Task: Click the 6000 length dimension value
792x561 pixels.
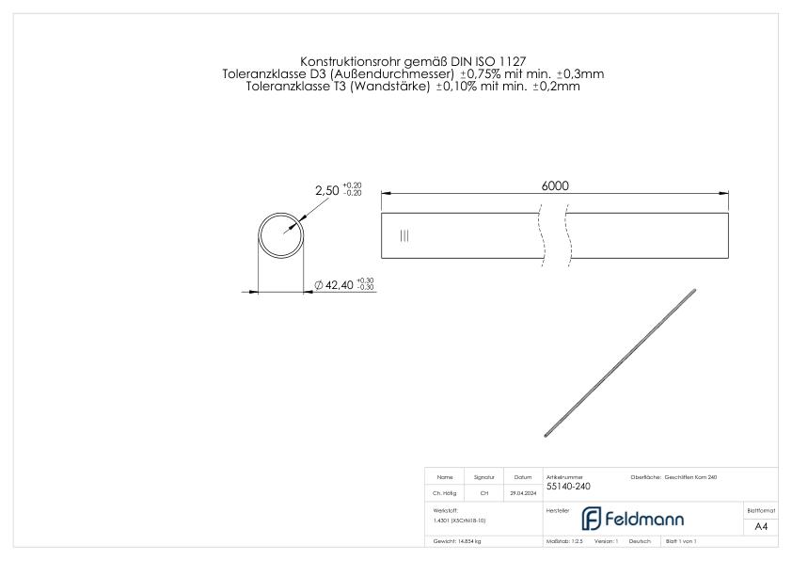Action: pyautogui.click(x=554, y=185)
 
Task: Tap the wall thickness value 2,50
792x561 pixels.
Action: pyautogui.click(x=326, y=190)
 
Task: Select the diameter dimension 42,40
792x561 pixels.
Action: pyautogui.click(x=338, y=284)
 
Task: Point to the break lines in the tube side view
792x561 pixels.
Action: pyautogui.click(x=554, y=235)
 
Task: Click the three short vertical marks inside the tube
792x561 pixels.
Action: pyautogui.click(x=404, y=236)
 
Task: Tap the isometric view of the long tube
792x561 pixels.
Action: pyautogui.click(x=621, y=362)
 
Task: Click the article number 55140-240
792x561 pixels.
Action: pyautogui.click(x=569, y=488)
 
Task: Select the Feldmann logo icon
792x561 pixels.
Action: pyautogui.click(x=590, y=519)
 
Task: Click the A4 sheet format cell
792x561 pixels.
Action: pyautogui.click(x=761, y=526)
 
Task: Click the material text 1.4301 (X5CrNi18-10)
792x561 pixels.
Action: pyautogui.click(x=459, y=520)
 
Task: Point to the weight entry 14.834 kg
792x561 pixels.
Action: pyautogui.click(x=457, y=542)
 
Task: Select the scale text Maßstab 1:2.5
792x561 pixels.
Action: pyautogui.click(x=564, y=542)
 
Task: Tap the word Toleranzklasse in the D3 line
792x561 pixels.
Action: pyautogui.click(x=261, y=73)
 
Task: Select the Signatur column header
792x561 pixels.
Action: pyautogui.click(x=484, y=477)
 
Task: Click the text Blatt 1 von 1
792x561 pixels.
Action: pyautogui.click(x=680, y=542)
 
